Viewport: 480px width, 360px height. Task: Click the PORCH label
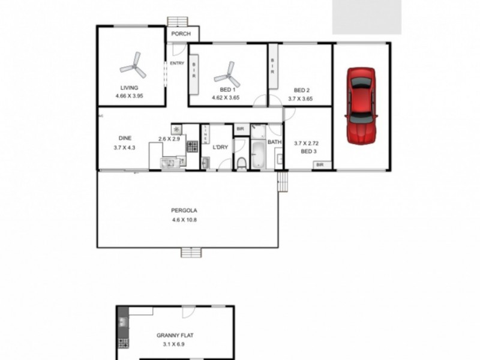point(181,34)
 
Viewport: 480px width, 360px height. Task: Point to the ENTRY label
point(177,63)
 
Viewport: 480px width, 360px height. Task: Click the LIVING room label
point(129,88)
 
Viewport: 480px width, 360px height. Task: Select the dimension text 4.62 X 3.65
point(226,97)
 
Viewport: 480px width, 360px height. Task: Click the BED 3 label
point(308,151)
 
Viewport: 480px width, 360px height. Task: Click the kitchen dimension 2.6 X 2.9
point(169,139)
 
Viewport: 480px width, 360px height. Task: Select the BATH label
point(274,142)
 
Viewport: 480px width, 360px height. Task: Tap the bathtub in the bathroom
point(258,155)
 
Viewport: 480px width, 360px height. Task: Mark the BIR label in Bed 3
point(320,164)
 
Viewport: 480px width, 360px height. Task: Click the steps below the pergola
point(190,253)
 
